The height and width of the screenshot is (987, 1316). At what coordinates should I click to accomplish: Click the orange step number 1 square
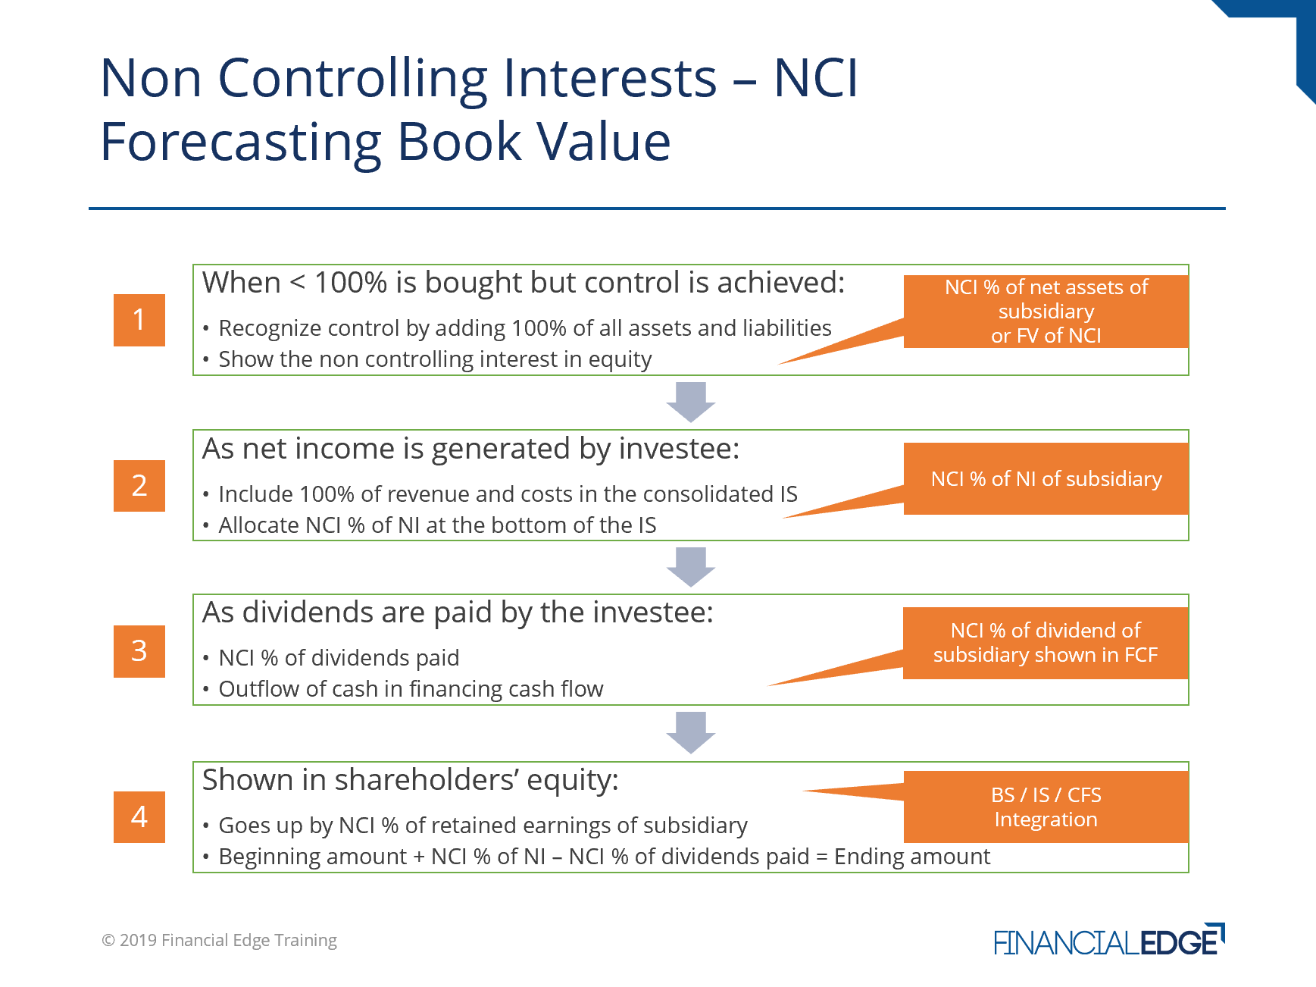click(139, 320)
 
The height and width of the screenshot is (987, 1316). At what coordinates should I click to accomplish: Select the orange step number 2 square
click(139, 486)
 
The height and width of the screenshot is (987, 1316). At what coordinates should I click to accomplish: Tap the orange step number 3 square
click(139, 651)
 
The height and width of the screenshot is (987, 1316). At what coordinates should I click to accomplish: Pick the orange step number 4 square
click(139, 816)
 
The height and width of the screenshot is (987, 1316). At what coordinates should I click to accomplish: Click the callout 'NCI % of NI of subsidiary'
click(1046, 479)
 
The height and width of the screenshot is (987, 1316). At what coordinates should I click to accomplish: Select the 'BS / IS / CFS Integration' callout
click(1046, 807)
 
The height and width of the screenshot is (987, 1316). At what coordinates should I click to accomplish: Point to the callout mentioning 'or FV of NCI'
click(1046, 312)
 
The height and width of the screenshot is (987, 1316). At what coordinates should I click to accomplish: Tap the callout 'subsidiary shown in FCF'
click(1046, 643)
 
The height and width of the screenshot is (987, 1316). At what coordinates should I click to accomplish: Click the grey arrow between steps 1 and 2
click(691, 402)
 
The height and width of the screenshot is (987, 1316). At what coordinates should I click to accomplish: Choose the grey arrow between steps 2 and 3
click(691, 567)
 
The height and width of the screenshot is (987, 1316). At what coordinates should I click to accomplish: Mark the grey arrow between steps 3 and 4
click(691, 732)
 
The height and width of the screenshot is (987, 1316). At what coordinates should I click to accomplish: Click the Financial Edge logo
click(1109, 941)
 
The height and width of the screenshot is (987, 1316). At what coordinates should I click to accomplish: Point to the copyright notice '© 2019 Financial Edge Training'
click(220, 941)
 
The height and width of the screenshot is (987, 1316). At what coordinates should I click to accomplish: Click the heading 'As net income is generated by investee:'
click(470, 450)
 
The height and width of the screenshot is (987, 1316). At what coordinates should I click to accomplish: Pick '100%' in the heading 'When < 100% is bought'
click(351, 283)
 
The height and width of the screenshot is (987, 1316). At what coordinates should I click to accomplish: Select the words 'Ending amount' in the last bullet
click(912, 857)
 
